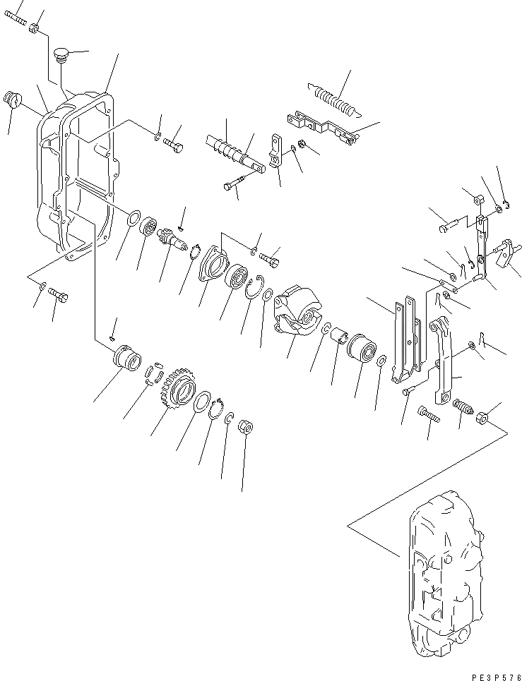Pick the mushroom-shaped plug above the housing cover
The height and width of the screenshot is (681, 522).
pyautogui.click(x=62, y=55)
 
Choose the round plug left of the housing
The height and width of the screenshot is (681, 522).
pyautogui.click(x=13, y=100)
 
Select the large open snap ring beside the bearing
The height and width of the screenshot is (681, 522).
pyautogui.click(x=255, y=290)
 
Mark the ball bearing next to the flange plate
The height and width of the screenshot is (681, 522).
pyautogui.click(x=236, y=277)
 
